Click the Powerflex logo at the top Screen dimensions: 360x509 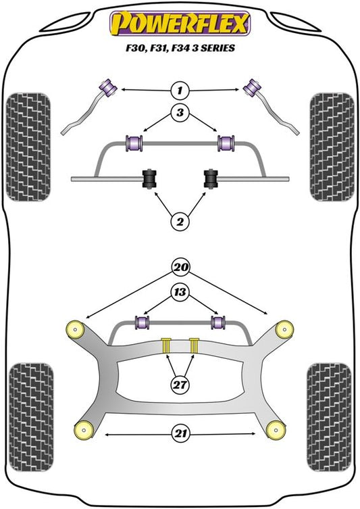click(180, 23)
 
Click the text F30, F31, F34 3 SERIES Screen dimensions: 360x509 click(180, 48)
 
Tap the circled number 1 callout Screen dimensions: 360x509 click(180, 90)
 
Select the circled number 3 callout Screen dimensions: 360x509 click(180, 112)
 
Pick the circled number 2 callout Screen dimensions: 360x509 click(180, 222)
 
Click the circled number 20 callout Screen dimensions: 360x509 click(180, 267)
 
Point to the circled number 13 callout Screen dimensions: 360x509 click(180, 292)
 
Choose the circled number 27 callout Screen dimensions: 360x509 click(180, 385)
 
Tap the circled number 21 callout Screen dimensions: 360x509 click(180, 433)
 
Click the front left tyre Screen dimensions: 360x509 click(28, 147)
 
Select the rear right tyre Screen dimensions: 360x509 click(329, 418)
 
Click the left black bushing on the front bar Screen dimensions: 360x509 click(150, 178)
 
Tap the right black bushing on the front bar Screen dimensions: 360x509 click(211, 178)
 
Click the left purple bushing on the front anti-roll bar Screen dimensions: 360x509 click(134, 143)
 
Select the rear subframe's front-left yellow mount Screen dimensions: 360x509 click(75, 329)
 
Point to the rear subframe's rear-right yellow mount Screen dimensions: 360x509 click(276, 430)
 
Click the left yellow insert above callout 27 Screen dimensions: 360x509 click(166, 345)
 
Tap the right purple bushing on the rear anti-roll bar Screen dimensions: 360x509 click(218, 322)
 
